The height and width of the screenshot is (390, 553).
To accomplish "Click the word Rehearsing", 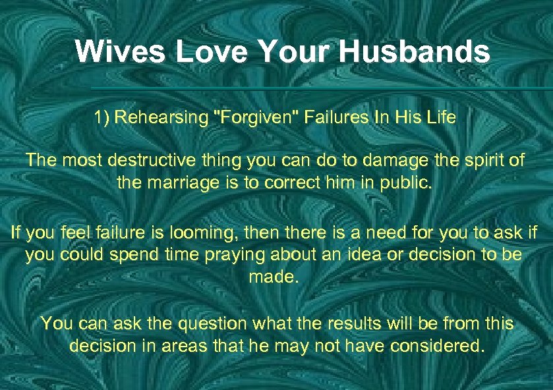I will (x=160, y=119).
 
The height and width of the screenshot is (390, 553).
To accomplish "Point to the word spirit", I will (x=477, y=160).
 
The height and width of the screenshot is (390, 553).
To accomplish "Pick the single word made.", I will (x=274, y=277).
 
